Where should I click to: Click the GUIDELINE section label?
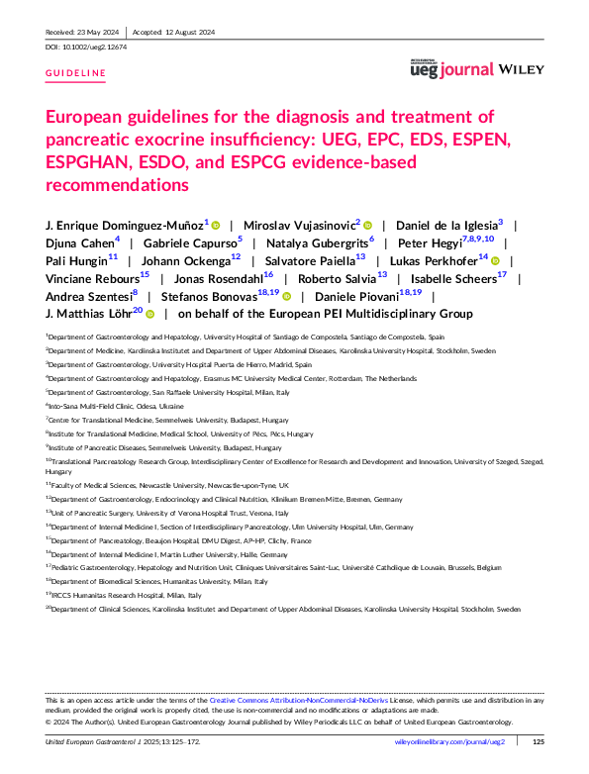75,74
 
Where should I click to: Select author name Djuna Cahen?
81,243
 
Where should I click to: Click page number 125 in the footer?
539,741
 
